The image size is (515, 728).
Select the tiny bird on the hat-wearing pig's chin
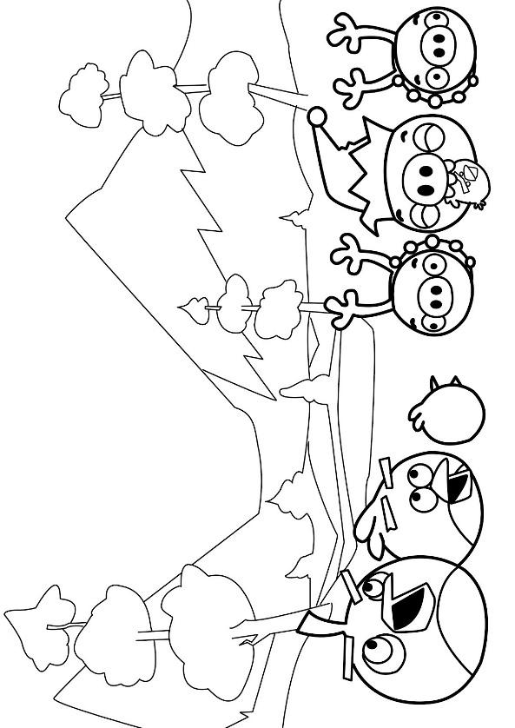point(468,187)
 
